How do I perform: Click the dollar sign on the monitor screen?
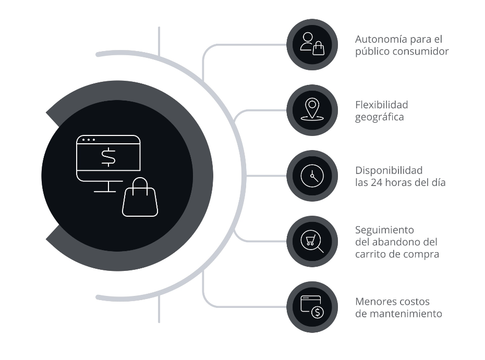click(x=108, y=157)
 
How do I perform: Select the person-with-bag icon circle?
click(x=312, y=45)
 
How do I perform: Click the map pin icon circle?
click(x=312, y=110)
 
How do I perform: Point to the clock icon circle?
click(x=312, y=176)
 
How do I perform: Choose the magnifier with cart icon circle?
click(x=312, y=242)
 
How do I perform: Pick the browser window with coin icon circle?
click(x=312, y=307)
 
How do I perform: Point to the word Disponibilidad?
click(x=389, y=170)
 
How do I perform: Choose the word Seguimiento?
click(x=384, y=230)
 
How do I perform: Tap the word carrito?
click(x=371, y=255)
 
